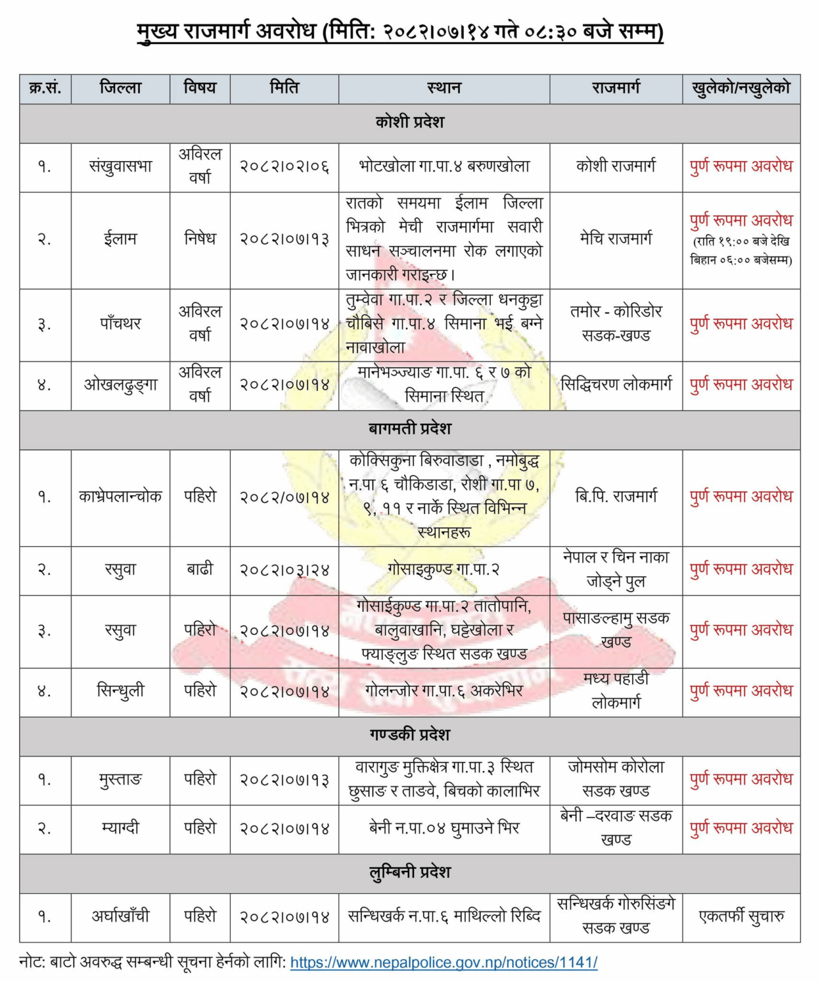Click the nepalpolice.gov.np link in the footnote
tap(444, 962)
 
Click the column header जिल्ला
tap(120, 88)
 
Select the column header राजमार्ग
tap(615, 88)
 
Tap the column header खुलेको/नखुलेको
tap(741, 88)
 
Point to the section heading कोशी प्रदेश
tap(410, 122)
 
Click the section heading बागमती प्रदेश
tap(410, 429)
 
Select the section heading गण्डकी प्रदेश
tap(410, 735)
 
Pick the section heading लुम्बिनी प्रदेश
tap(410, 873)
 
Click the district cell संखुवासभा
tap(120, 167)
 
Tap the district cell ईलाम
tap(120, 240)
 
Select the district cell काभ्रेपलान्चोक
tap(120, 497)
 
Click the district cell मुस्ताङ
tap(120, 779)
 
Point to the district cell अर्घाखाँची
tap(120, 916)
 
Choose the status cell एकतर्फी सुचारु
tap(741, 916)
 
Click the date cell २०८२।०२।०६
tap(284, 167)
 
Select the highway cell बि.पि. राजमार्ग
tap(615, 497)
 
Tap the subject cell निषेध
tap(200, 240)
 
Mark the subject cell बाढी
tap(200, 569)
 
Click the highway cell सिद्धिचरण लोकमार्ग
tap(615, 385)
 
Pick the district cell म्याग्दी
tap(120, 829)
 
